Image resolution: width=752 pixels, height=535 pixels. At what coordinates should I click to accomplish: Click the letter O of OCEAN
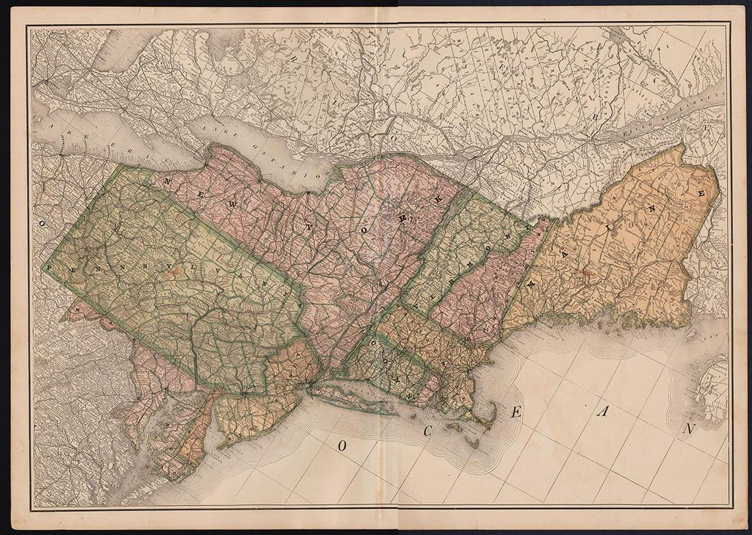tap(341, 445)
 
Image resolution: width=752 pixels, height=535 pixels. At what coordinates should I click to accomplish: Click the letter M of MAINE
tap(528, 282)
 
